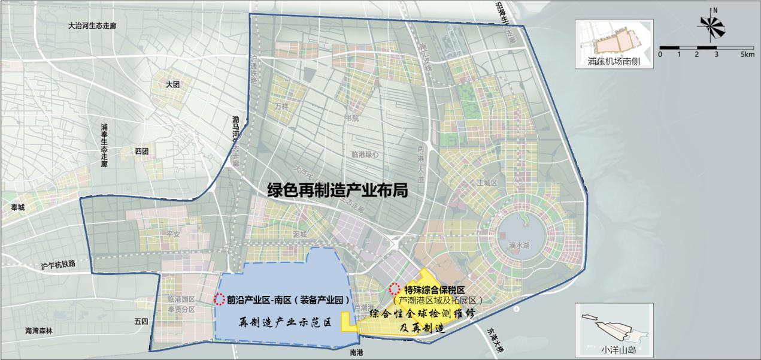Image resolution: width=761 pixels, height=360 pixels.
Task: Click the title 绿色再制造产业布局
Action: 338,190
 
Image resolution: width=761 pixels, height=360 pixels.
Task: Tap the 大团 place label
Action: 173,85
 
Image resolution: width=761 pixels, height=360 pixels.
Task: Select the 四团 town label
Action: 141,151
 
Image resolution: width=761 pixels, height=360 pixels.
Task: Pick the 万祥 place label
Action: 282,105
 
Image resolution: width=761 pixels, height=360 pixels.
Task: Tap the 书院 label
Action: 351,118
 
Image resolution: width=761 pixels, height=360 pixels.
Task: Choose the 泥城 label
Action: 300,234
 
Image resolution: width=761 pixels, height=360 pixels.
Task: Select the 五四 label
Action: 141,322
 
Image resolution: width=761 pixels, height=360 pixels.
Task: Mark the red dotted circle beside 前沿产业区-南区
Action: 220,298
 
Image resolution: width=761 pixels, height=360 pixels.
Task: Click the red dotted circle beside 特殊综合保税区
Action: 394,288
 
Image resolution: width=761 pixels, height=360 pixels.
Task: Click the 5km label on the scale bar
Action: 747,55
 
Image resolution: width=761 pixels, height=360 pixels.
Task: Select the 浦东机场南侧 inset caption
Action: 614,61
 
